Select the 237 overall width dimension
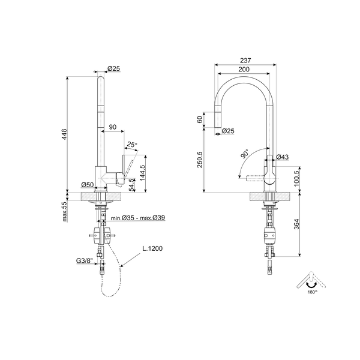245,61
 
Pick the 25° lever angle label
132,144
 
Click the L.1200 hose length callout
152,248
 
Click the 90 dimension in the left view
112,127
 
